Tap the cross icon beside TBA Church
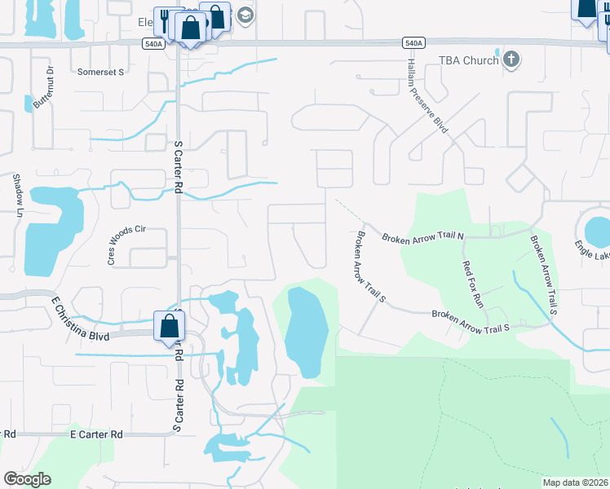(x=511, y=59)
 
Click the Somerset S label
(x=100, y=72)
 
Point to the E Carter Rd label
(x=95, y=435)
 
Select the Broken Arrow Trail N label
(x=422, y=236)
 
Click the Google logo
(x=27, y=479)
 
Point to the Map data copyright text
(x=575, y=482)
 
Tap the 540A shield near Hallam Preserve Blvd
(x=413, y=42)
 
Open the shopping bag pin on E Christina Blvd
(x=168, y=326)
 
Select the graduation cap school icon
(x=245, y=15)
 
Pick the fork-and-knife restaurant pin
(x=165, y=20)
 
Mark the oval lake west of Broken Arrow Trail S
(x=307, y=330)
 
